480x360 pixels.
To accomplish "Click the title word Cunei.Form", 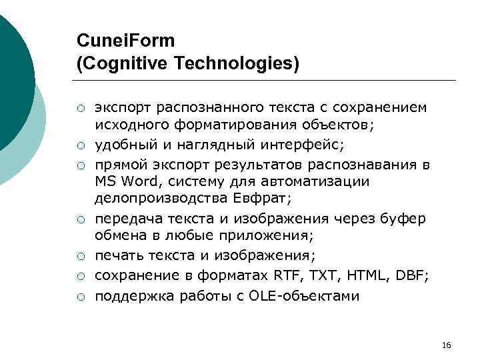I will click(126, 41).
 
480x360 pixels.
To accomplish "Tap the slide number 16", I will click(447, 345).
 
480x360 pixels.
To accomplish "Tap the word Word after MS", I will click(139, 181).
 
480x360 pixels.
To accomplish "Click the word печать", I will click(117, 256).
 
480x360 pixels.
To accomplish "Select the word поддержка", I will click(128, 295).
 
